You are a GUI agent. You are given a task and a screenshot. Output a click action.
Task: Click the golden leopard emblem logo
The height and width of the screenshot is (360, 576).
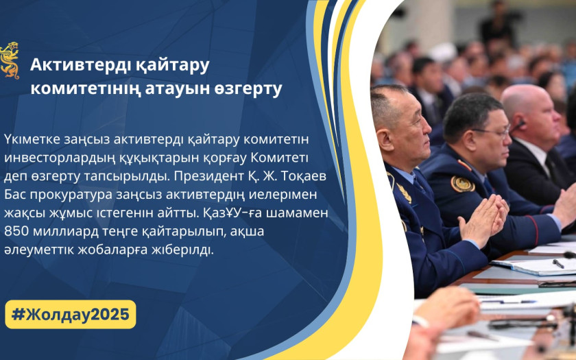pyautogui.click(x=9, y=60)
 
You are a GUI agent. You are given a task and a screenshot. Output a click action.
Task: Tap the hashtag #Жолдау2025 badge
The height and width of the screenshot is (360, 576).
pyautogui.click(x=70, y=315)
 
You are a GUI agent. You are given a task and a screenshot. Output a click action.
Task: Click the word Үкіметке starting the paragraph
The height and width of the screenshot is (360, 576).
pyautogui.click(x=32, y=140)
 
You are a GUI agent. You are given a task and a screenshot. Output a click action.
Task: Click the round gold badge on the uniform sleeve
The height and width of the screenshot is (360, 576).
pyautogui.click(x=462, y=184)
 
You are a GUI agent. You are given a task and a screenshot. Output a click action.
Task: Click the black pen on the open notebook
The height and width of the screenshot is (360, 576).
pyautogui.click(x=558, y=263)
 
